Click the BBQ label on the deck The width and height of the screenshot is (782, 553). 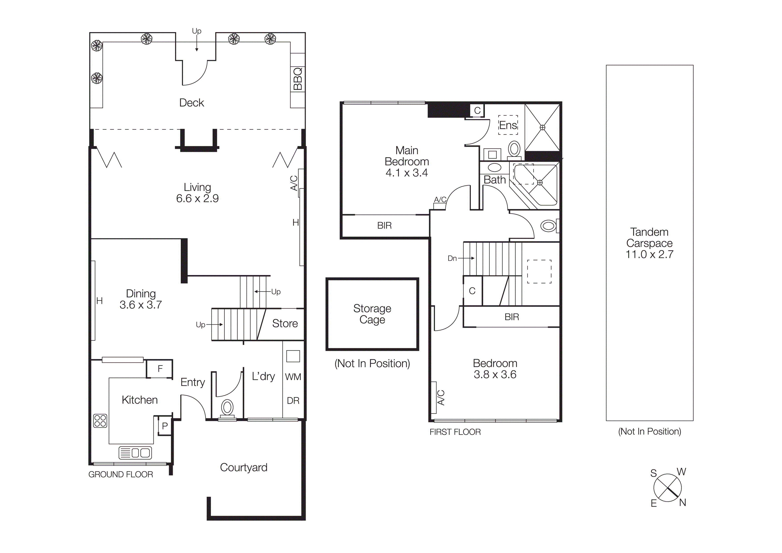tap(297, 79)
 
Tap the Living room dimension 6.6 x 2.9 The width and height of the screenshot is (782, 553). tap(197, 198)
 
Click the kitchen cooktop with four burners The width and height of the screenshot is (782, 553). tap(100, 420)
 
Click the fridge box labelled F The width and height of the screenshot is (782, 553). tap(160, 369)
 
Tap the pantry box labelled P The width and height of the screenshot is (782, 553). tap(165, 426)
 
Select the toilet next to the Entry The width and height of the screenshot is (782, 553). tap(227, 408)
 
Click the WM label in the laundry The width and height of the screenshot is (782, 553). tap(293, 377)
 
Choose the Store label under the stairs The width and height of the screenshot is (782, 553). tap(285, 323)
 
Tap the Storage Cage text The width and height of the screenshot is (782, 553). tap(372, 314)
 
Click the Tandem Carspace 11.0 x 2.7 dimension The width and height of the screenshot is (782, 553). tap(649, 254)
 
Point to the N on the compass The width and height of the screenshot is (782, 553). tap(682, 503)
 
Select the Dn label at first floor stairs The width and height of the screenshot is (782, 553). tap(452, 258)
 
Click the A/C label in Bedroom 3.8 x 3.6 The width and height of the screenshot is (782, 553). tap(441, 397)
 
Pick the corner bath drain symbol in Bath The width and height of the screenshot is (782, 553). tap(539, 183)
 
